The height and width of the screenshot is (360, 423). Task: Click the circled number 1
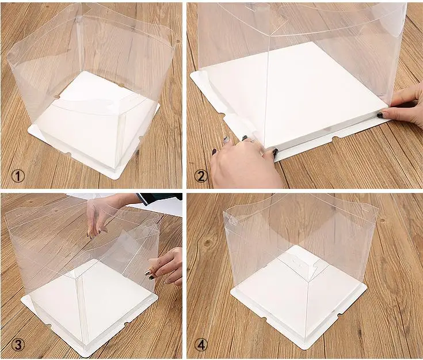click(x=18, y=176)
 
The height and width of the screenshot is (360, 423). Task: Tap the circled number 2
click(x=201, y=176)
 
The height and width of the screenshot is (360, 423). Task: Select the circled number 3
click(x=18, y=344)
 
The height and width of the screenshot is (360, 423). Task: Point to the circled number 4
click(x=201, y=344)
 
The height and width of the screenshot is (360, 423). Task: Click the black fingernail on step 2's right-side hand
click(x=380, y=115)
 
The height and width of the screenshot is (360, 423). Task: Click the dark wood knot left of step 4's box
click(x=207, y=242)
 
